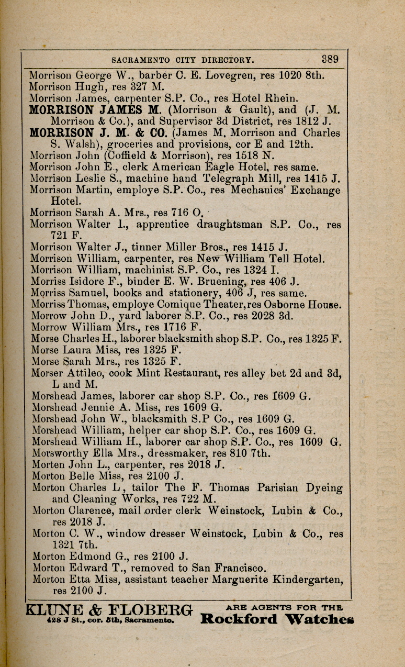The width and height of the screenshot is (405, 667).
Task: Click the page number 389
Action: (330, 59)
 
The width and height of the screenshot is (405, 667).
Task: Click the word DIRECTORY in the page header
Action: (213, 59)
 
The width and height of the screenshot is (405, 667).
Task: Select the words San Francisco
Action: (233, 568)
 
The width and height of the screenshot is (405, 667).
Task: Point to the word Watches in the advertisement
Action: (319, 619)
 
